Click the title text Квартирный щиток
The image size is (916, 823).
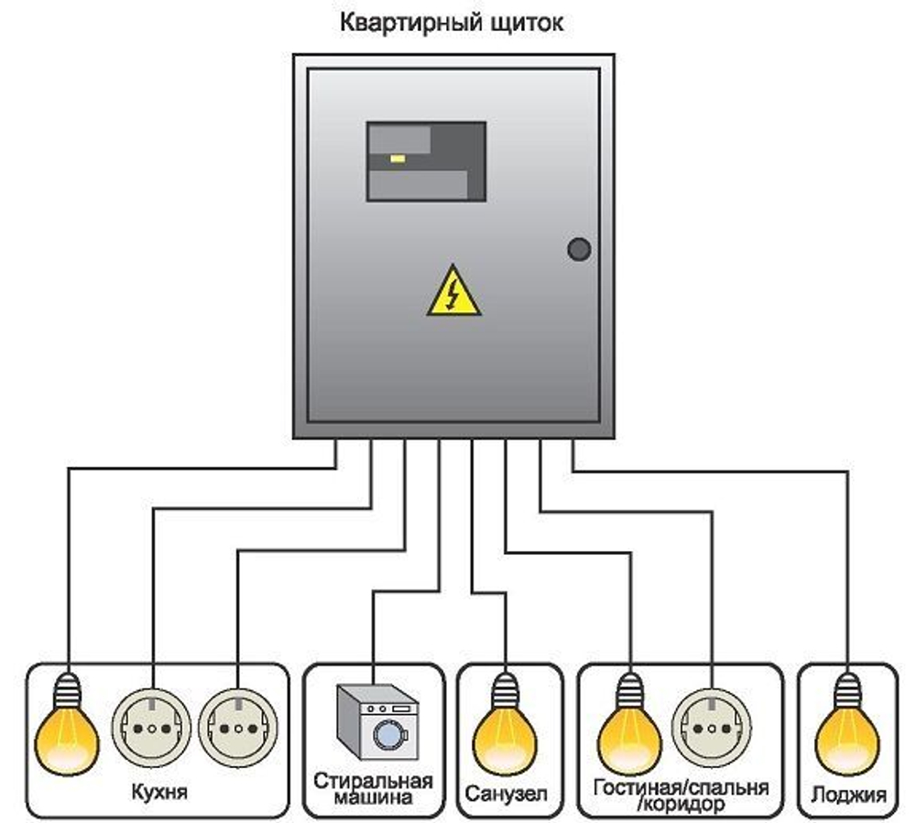[452, 23]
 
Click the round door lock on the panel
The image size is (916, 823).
[579, 249]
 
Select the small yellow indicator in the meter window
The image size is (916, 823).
[398, 158]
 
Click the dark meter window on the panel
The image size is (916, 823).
[426, 161]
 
